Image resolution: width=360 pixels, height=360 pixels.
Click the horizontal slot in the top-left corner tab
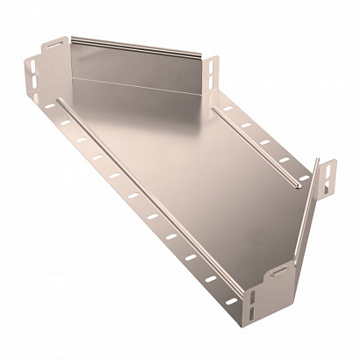point(53,45)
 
